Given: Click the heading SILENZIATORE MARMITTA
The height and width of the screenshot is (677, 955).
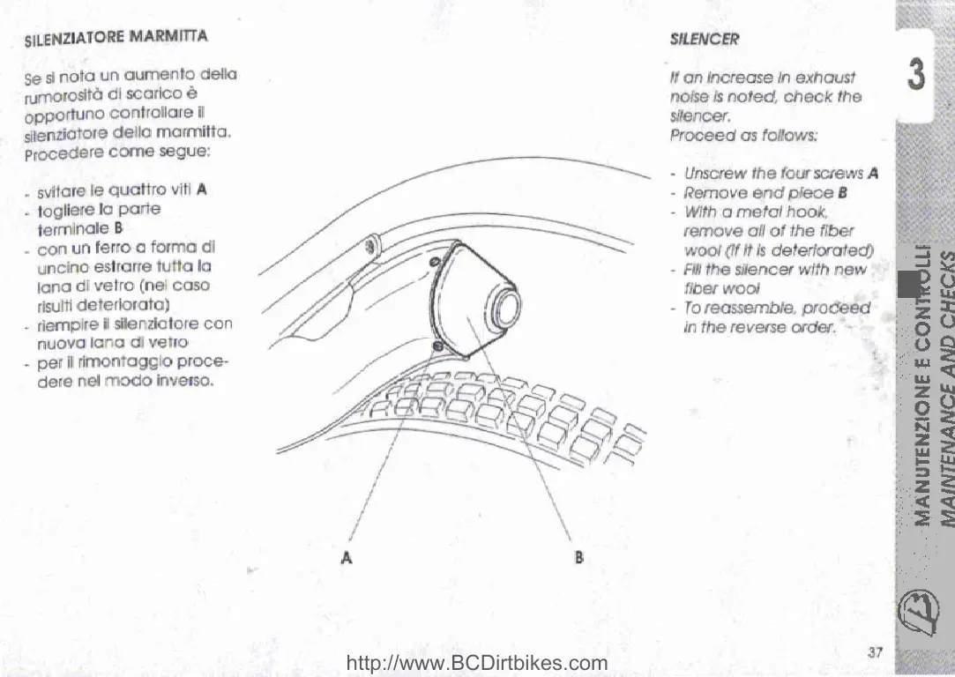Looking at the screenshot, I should [116, 39].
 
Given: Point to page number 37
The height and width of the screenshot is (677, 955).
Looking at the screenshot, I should [875, 651].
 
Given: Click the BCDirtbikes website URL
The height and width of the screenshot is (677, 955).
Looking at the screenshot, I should [478, 664].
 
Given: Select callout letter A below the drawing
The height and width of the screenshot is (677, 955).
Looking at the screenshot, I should [347, 557].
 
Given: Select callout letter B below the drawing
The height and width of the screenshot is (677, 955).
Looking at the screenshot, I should [579, 557].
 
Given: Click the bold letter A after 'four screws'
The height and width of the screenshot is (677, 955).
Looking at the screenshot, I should [873, 174].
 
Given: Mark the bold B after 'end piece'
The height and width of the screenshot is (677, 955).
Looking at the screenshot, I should [842, 193].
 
